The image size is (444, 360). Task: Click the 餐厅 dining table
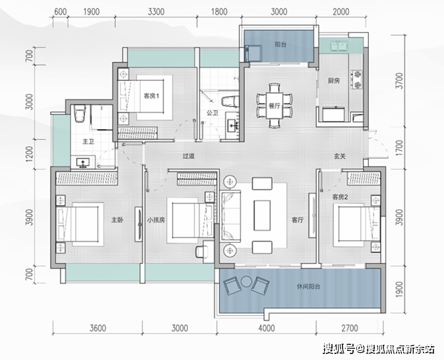coord(274,105)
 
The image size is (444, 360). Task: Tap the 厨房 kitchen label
coord(333,81)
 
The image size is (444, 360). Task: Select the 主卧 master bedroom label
coord(117,220)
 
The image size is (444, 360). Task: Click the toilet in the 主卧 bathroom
coord(80,113)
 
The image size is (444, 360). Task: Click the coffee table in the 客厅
coord(262,215)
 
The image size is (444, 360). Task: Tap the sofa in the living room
coord(231,217)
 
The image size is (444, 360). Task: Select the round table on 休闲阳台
coord(246,282)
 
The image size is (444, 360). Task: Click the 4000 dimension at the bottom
coord(266,328)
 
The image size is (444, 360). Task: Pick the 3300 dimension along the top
coord(156,12)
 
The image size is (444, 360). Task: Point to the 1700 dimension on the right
coord(399,147)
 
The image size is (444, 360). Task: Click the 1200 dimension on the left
coord(29,154)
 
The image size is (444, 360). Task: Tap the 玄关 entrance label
coord(339,156)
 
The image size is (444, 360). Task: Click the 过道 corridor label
coord(188,156)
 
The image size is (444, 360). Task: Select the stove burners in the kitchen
coord(357,80)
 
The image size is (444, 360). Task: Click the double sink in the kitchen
coord(339,45)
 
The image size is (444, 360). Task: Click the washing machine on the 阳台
coord(253,53)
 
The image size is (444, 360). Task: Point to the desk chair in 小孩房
coord(202,251)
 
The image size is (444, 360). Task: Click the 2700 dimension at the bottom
coord(350,328)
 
